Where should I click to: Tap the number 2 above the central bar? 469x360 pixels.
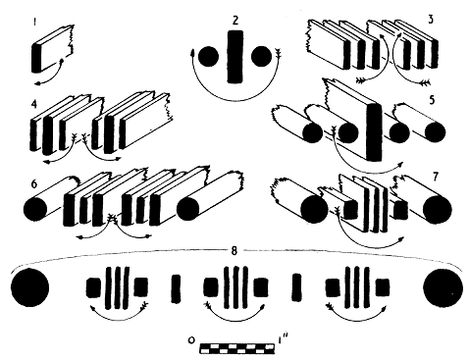point(235,21)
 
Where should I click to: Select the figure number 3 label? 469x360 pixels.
point(431,20)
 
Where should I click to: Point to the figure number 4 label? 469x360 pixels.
point(34,104)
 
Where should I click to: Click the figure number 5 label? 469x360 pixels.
point(432,100)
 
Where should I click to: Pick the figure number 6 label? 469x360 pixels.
point(34,184)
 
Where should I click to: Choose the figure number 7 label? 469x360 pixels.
point(435,177)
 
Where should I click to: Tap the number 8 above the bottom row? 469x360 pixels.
point(234,251)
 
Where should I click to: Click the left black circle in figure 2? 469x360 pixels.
point(208,57)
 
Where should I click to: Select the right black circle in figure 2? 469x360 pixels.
point(261,57)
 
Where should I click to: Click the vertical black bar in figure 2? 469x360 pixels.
point(235,57)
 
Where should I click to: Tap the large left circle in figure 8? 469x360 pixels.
point(29,287)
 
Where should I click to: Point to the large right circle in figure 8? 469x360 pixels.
point(443,287)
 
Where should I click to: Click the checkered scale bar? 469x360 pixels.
point(236,348)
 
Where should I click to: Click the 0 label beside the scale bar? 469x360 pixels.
point(191,340)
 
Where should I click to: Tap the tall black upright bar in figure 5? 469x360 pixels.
point(374,131)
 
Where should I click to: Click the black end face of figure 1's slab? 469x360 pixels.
point(36,58)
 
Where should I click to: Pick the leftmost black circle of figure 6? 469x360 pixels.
point(35,209)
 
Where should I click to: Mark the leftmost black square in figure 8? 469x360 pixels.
point(93,287)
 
